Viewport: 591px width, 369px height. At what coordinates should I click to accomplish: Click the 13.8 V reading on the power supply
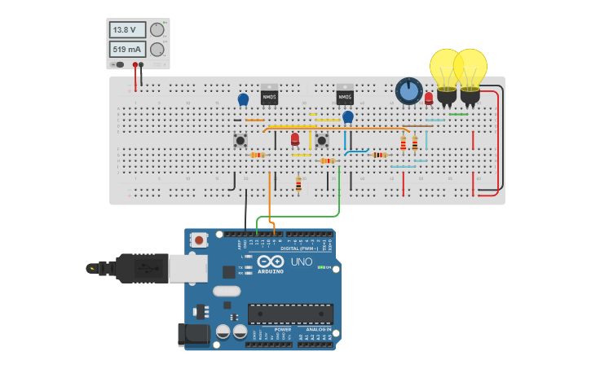pyautogui.click(x=127, y=30)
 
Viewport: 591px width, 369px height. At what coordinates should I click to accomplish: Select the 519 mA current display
pyautogui.click(x=127, y=49)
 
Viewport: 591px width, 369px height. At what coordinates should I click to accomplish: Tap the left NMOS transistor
pyautogui.click(x=269, y=95)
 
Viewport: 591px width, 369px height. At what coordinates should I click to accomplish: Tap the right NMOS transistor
pyautogui.click(x=345, y=95)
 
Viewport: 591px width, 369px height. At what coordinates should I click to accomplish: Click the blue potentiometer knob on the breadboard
pyautogui.click(x=408, y=91)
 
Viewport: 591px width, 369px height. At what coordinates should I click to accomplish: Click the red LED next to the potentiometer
pyautogui.click(x=429, y=99)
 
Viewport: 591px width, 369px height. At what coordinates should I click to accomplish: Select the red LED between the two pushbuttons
pyautogui.click(x=295, y=139)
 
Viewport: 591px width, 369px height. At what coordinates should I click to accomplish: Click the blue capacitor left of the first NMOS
pyautogui.click(x=243, y=99)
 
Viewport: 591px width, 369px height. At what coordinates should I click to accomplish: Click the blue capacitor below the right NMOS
pyautogui.click(x=348, y=117)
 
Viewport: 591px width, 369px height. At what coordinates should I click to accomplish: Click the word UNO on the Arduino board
pyautogui.click(x=301, y=262)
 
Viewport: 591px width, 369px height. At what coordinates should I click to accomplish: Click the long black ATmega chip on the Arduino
pyautogui.click(x=290, y=314)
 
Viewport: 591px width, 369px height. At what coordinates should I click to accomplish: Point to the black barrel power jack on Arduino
pyautogui.click(x=192, y=334)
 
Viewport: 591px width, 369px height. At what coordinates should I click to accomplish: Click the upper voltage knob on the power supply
pyautogui.click(x=157, y=30)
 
